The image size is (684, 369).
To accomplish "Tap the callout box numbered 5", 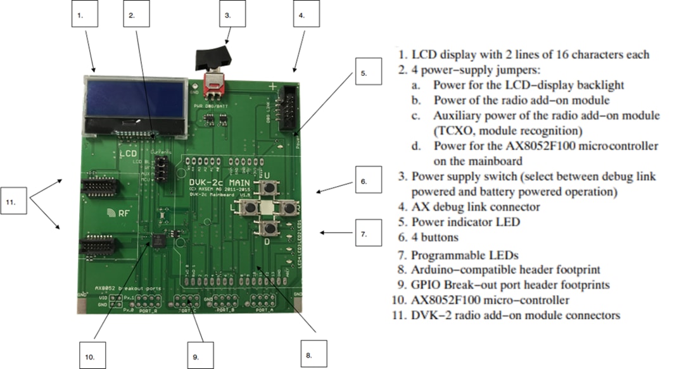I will click(x=364, y=73).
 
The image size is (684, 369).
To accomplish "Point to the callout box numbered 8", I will click(x=308, y=355).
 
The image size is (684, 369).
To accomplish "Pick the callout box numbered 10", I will click(x=91, y=355).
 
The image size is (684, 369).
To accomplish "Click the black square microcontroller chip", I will click(x=156, y=240).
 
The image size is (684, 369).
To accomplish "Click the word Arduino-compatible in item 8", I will click(x=464, y=270).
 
